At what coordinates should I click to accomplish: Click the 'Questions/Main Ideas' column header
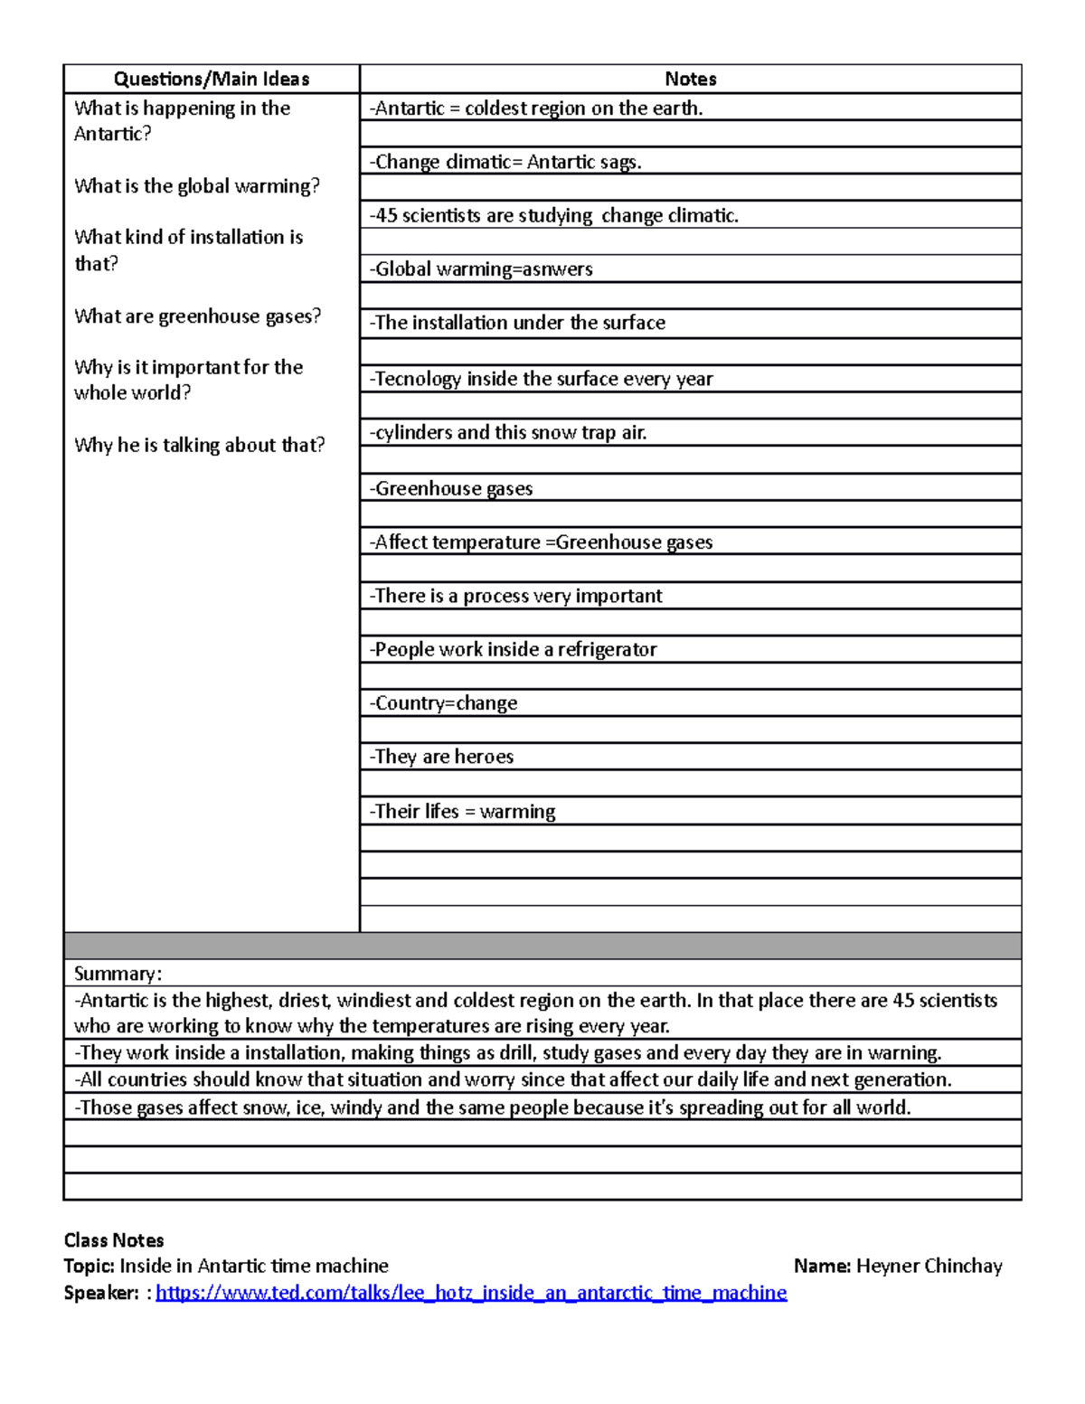(211, 80)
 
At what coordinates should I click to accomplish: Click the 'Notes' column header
(690, 80)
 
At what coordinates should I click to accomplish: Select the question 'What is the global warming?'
(197, 186)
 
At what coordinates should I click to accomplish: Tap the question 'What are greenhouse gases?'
(197, 316)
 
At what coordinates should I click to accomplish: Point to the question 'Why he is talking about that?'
(199, 445)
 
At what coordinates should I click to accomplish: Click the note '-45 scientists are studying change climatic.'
(553, 215)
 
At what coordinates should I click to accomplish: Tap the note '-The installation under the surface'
(516, 323)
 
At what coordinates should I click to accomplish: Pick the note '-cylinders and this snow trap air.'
(507, 432)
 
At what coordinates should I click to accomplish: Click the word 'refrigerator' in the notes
(607, 649)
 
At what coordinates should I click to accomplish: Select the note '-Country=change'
(443, 703)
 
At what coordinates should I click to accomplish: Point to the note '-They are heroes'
(441, 757)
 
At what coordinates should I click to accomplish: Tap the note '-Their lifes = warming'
(462, 811)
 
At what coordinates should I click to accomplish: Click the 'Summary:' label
(118, 974)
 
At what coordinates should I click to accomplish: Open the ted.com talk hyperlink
(471, 1293)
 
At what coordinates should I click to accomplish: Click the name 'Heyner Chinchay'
(929, 1267)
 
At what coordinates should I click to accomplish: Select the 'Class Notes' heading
(114, 1240)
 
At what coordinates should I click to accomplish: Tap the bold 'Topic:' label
(90, 1267)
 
